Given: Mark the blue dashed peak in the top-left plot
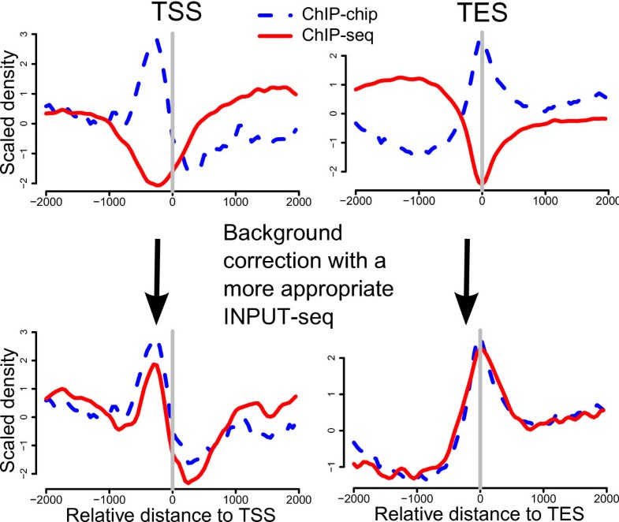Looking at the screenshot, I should coord(157,39).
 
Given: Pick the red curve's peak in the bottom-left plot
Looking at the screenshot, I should coord(155,364).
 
